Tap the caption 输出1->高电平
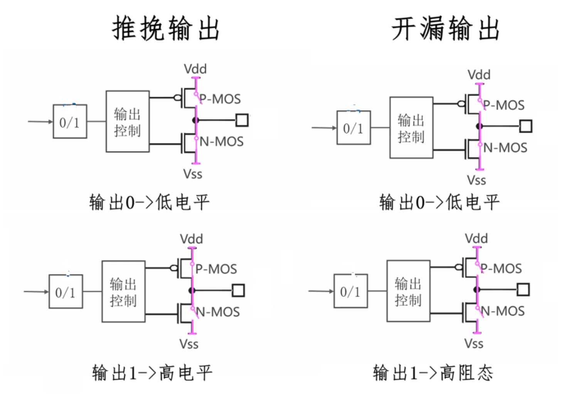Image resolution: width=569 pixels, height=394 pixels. pyautogui.click(x=152, y=372)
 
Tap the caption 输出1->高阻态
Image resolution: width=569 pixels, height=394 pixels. pyautogui.click(x=433, y=372)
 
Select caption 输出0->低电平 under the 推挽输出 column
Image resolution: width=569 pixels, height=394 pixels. pyautogui.click(x=149, y=202)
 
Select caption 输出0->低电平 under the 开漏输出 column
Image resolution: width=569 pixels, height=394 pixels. pyautogui.click(x=439, y=202)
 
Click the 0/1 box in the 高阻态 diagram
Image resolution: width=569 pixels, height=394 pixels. pyautogui.click(x=350, y=291)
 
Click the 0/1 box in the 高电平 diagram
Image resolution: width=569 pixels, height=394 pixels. pyautogui.click(x=66, y=291)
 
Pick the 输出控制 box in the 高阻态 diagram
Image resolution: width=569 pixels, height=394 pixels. pyautogui.click(x=408, y=291)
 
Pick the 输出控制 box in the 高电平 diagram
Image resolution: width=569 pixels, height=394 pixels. pyautogui.click(x=123, y=291)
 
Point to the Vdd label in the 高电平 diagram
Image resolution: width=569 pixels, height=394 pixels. pyautogui.click(x=191, y=239)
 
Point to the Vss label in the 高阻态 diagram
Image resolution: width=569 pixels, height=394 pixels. pyautogui.click(x=473, y=343)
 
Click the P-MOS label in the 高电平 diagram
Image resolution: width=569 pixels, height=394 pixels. pyautogui.click(x=216, y=269)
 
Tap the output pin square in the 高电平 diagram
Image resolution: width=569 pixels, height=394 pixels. pyautogui.click(x=238, y=290)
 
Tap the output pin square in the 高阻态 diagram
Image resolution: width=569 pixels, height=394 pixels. pyautogui.click(x=523, y=290)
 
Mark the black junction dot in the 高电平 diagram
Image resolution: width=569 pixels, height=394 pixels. pyautogui.click(x=192, y=290)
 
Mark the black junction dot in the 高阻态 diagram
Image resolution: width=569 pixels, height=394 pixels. pyautogui.click(x=477, y=290)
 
